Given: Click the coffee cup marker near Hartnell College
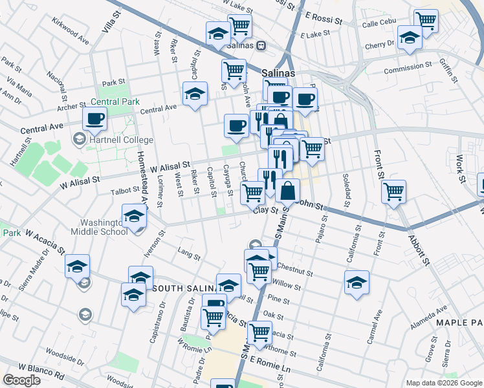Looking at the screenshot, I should pyautogui.click(x=95, y=119).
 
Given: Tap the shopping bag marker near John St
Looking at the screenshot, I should pyautogui.click(x=288, y=191).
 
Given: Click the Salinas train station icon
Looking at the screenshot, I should pyautogui.click(x=261, y=46).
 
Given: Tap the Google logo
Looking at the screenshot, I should pyautogui.click(x=22, y=380).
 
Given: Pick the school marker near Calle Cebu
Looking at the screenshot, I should pyautogui.click(x=410, y=37).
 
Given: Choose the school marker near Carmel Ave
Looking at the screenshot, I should pyautogui.click(x=357, y=282).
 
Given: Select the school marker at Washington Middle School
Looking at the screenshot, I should pyautogui.click(x=134, y=217).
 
